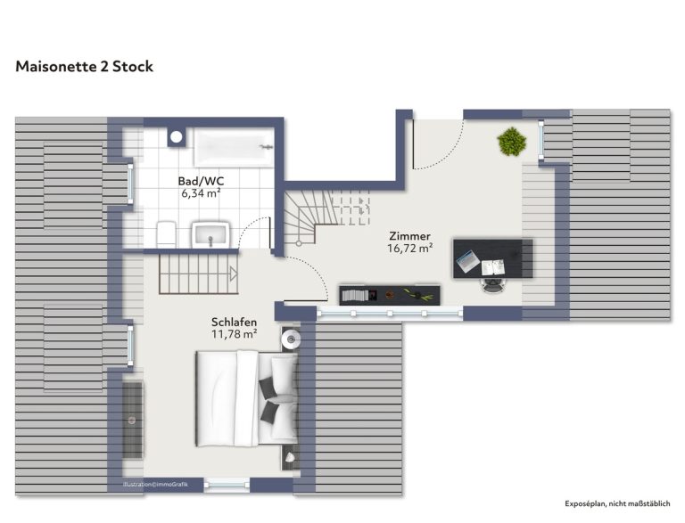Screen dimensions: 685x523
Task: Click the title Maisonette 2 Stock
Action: point(85,66)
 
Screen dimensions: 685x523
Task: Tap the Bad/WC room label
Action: point(201,181)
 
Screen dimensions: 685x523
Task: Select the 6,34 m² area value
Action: point(201,193)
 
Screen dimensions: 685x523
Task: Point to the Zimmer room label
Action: point(409,236)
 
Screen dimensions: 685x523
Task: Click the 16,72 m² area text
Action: point(409,249)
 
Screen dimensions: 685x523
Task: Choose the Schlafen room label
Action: point(235,323)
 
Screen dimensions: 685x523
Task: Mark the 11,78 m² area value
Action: point(235,334)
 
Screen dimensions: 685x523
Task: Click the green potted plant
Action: point(512,142)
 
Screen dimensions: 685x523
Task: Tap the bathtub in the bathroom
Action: point(234,147)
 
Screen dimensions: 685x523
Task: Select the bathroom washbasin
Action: point(210,234)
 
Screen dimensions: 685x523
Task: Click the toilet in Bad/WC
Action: point(166,234)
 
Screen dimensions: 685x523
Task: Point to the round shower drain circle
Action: point(176,137)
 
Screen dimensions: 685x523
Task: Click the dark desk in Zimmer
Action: point(493,258)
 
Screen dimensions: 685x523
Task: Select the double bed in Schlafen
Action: point(247,398)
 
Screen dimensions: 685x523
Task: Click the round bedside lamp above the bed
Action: point(291,339)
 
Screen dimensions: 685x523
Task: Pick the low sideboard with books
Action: point(390,295)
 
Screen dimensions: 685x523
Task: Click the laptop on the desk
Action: point(468,261)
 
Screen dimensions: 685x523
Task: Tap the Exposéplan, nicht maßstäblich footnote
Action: point(617,503)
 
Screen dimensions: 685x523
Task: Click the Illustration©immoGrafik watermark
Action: point(155,484)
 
